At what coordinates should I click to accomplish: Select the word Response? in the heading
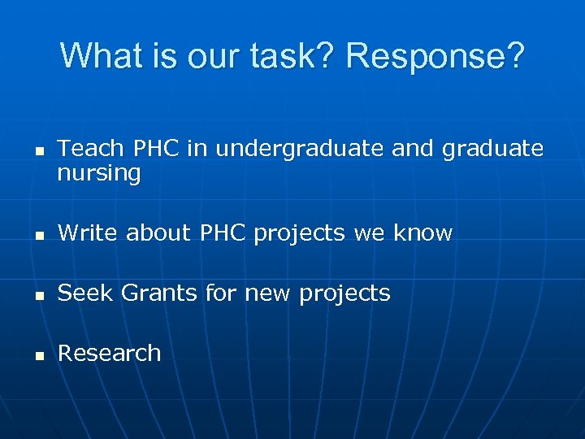coord(435,56)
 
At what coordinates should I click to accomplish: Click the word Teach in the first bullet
coord(88,148)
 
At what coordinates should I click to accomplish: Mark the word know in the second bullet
coord(422,233)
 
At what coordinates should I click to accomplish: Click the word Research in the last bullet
coord(110,354)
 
